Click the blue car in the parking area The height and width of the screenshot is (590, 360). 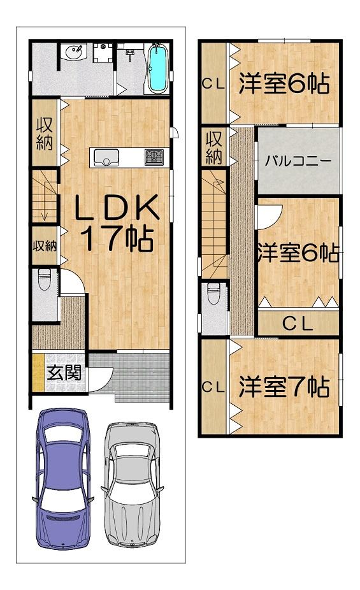pos(63,478)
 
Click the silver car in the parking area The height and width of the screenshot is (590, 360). pos(132,484)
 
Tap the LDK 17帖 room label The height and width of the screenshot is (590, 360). pos(117,223)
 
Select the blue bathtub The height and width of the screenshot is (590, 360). pos(157,68)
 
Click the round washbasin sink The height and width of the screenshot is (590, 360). pos(75,52)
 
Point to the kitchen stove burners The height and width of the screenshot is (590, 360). pos(154,157)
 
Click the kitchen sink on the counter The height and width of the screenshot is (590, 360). pos(106,157)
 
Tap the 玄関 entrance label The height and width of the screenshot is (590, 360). pos(64,373)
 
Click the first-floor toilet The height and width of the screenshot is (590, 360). pos(44,280)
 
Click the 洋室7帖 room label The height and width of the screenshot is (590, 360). pos(284,387)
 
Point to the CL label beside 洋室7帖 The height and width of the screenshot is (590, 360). pos(213,387)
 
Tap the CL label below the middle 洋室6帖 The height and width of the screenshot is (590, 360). pos(298,323)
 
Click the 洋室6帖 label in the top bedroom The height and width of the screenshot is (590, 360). pos(284,83)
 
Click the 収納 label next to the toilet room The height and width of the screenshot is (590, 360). pos(45,246)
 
